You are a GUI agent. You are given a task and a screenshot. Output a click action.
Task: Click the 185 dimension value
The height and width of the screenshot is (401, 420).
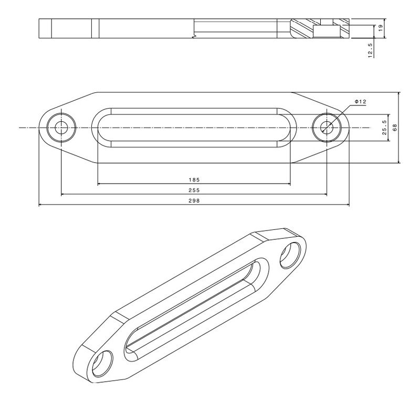(194, 180)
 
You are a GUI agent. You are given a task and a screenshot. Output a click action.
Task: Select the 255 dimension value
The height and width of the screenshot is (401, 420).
(194, 190)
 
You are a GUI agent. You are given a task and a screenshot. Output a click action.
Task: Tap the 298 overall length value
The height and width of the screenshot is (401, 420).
(194, 201)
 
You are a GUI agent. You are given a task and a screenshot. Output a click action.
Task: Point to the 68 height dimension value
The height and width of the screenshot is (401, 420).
(395, 128)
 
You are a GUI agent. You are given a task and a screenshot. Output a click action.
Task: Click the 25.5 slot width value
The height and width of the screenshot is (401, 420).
(384, 128)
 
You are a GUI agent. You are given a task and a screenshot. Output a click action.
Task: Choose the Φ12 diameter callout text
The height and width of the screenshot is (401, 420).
(360, 102)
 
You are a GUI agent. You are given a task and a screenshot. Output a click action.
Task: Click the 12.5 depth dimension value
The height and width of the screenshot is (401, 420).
(371, 50)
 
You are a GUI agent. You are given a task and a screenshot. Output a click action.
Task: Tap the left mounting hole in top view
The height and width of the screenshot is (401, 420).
(61, 128)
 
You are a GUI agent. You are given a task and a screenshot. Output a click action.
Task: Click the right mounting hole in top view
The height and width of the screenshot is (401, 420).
(327, 128)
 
